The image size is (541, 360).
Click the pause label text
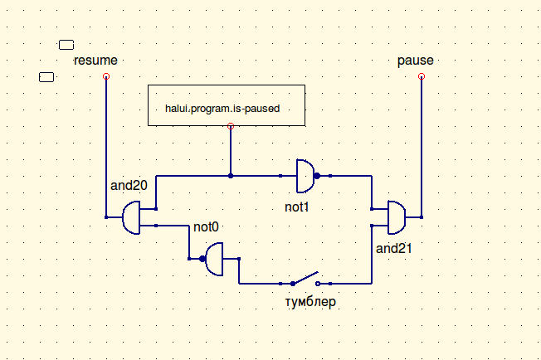416,61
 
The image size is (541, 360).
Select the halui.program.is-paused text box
226,105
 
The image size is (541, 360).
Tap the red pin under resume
106,76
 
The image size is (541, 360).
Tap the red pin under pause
422,76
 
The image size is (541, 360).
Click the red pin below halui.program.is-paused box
231,126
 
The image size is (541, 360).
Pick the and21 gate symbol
397,217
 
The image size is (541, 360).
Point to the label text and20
128,185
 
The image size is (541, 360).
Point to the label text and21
394,248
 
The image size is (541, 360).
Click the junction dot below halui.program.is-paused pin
231,176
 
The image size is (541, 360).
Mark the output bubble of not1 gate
318,176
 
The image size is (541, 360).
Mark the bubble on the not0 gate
202,259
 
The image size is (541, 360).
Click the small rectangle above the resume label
66,45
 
